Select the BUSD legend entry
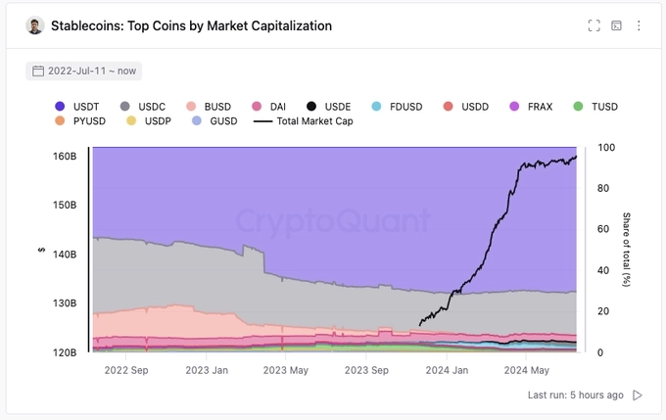click(210, 106)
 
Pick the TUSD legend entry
click(595, 106)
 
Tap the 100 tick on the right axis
click(605, 147)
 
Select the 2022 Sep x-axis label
click(125, 370)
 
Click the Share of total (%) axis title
click(627, 249)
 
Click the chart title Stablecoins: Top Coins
click(191, 26)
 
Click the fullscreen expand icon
click(594, 26)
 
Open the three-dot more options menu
click(640, 26)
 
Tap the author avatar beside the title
click(35, 26)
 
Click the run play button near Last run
click(638, 395)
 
